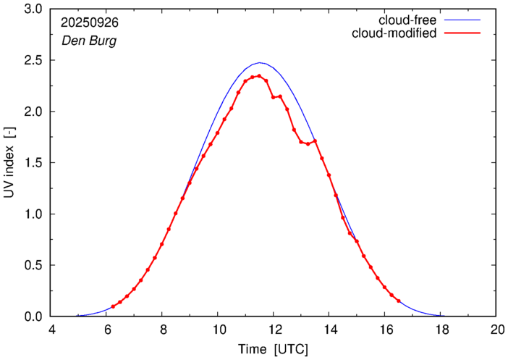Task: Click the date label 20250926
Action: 89,22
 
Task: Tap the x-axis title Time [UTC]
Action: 274,350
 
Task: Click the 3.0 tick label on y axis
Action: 33,9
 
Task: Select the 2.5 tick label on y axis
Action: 33,61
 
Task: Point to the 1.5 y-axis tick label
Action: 33,163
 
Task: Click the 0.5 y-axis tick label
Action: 33,266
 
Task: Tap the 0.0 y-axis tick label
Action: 33,317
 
